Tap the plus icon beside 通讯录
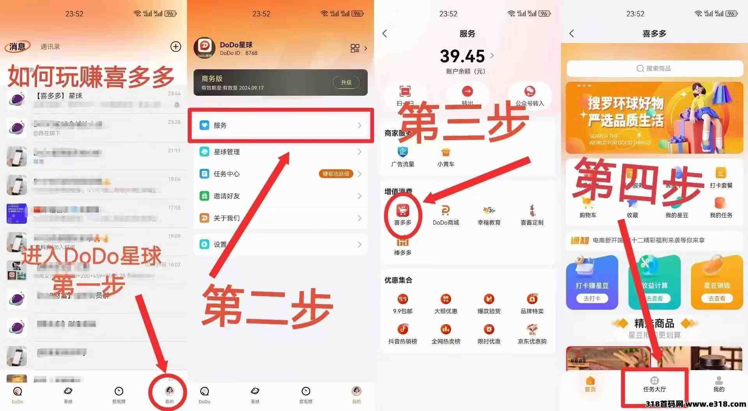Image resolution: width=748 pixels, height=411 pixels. coord(176,47)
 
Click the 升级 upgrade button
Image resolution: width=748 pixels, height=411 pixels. coord(346,83)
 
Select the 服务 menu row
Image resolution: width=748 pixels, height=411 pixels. coord(280,125)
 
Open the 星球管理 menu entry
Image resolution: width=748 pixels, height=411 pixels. coord(280,152)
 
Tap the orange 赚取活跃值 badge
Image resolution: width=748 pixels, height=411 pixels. coord(336,174)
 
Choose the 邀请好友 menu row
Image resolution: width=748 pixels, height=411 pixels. coord(280,196)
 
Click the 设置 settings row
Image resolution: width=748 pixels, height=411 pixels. coord(280,244)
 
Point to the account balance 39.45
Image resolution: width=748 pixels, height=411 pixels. coord(462,56)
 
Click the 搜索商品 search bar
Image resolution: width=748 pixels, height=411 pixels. coord(654,68)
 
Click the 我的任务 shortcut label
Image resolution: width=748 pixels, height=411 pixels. coord(721,215)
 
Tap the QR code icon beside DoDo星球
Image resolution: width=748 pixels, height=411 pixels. coord(355,48)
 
